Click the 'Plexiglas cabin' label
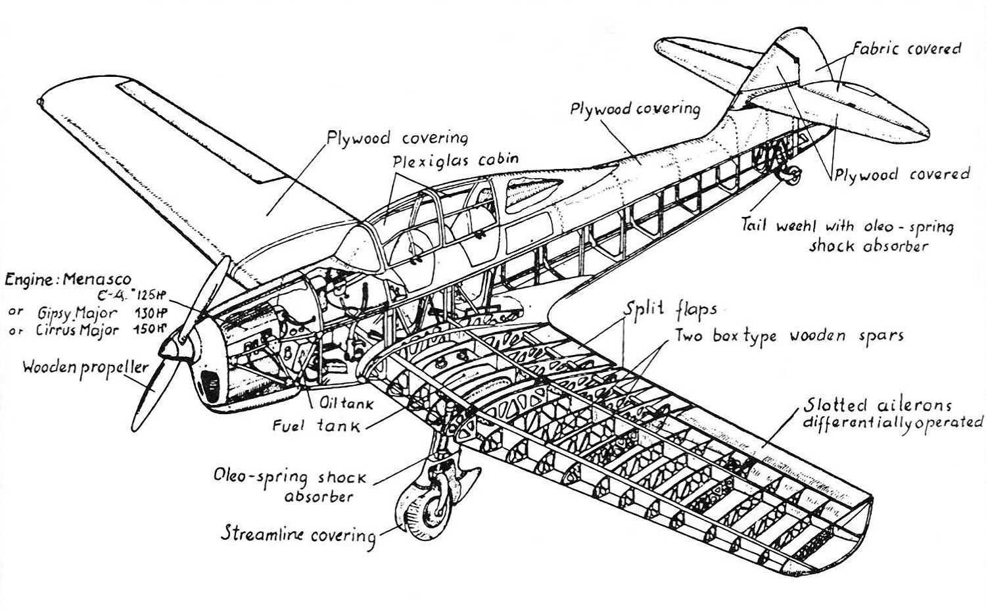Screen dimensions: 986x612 (x=456, y=160)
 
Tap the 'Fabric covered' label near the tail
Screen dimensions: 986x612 (x=906, y=49)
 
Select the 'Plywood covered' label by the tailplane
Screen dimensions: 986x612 (x=903, y=174)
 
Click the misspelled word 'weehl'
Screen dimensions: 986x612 (x=796, y=225)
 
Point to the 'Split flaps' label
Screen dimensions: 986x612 (x=670, y=309)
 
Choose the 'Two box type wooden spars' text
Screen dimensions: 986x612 (x=789, y=336)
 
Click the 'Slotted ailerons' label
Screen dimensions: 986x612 (x=878, y=405)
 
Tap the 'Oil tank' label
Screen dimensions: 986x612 (x=346, y=403)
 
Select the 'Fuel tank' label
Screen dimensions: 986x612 (x=316, y=425)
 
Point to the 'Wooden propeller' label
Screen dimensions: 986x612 (x=85, y=368)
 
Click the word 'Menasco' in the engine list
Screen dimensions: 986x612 (x=97, y=279)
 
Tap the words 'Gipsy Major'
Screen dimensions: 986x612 (x=78, y=313)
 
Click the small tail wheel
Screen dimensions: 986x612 (x=791, y=175)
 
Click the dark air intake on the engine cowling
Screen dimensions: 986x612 (x=210, y=386)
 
